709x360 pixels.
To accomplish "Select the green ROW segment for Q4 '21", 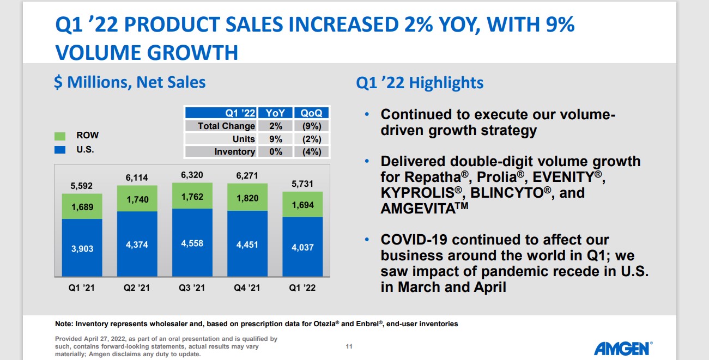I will point(248,197).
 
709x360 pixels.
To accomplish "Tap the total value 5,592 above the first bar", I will point(82,186).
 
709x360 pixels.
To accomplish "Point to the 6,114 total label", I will point(137,178).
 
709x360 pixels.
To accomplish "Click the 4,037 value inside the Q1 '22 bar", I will point(303,248).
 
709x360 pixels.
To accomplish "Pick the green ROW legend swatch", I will point(60,136).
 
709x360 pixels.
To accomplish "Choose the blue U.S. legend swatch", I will point(60,149).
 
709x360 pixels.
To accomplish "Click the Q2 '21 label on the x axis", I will point(137,288).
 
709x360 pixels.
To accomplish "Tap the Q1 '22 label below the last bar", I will point(303,288).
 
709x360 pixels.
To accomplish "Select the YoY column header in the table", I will point(275,113).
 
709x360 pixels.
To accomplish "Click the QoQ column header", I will point(311,113).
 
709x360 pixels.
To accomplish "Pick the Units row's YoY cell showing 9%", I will point(275,139).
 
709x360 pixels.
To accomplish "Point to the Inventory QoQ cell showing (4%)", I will point(311,152).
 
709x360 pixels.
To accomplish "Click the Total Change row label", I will point(226,126).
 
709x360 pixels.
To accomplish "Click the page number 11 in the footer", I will point(349,346).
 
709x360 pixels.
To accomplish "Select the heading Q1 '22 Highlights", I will point(420,83).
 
